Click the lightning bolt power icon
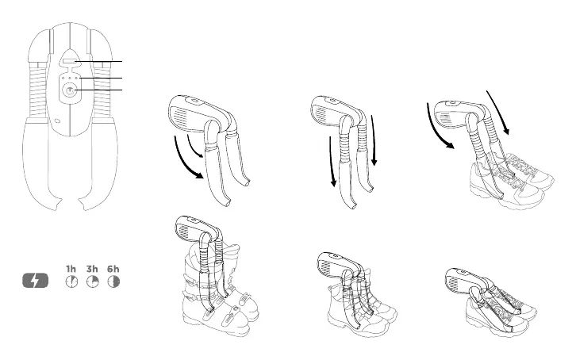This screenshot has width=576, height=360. (x=36, y=281)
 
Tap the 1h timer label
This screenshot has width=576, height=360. (x=71, y=269)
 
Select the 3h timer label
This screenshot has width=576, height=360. (x=92, y=269)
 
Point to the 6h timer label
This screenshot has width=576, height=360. (x=113, y=269)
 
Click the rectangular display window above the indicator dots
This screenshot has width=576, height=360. (x=69, y=60)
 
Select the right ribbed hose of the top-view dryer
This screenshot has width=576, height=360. (x=101, y=89)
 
